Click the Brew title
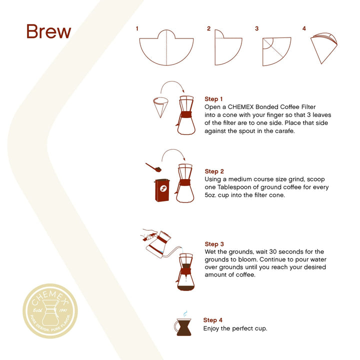click(48, 31)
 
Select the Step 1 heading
click(214, 99)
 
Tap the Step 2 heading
click(214, 171)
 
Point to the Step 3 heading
click(214, 244)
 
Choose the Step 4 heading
click(212, 320)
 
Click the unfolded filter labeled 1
click(166, 49)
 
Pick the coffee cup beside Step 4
click(183, 327)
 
